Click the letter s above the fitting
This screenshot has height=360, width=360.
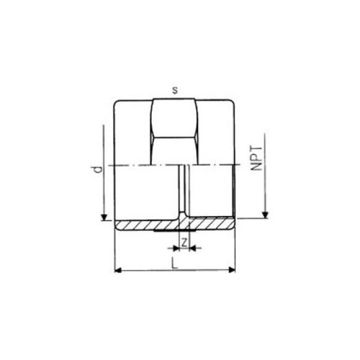pyautogui.click(x=174, y=91)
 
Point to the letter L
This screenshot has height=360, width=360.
pyautogui.click(x=175, y=263)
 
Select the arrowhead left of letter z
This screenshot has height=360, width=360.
pyautogui.click(x=173, y=247)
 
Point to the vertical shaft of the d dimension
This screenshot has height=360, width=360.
pyautogui.click(x=103, y=169)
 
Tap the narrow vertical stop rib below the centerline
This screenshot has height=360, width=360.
pyautogui.click(x=184, y=191)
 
